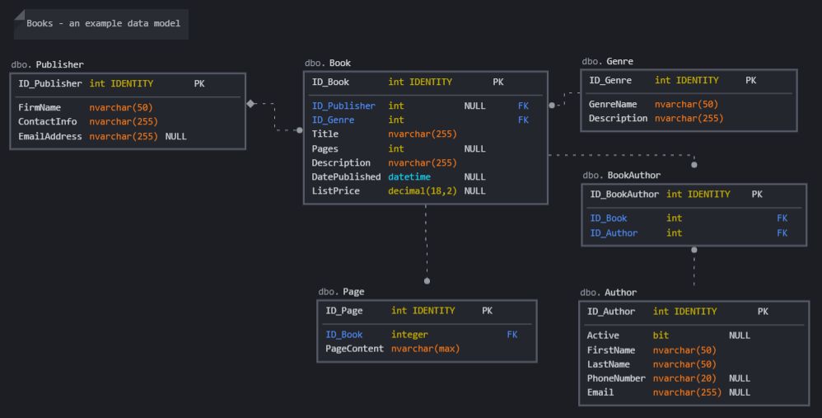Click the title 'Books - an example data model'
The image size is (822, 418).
click(x=103, y=24)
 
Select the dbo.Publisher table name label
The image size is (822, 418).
click(x=48, y=64)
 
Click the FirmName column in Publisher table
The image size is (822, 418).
click(x=40, y=107)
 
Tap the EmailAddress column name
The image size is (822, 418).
click(x=50, y=136)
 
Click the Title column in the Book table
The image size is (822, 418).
click(x=325, y=134)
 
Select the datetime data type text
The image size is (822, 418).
click(x=409, y=176)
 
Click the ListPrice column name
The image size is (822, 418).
click(x=335, y=190)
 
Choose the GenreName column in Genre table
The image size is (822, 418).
click(x=613, y=104)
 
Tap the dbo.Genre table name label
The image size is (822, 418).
click(x=608, y=61)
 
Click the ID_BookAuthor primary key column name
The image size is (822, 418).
click(x=624, y=194)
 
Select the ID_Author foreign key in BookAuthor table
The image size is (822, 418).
click(x=614, y=232)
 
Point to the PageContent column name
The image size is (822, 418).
click(x=354, y=348)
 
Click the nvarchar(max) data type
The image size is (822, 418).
click(x=425, y=348)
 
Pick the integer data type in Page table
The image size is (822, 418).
click(x=409, y=334)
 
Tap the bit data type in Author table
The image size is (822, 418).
click(x=661, y=335)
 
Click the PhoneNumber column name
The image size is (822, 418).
click(x=616, y=378)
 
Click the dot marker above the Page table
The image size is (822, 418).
click(x=427, y=281)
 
